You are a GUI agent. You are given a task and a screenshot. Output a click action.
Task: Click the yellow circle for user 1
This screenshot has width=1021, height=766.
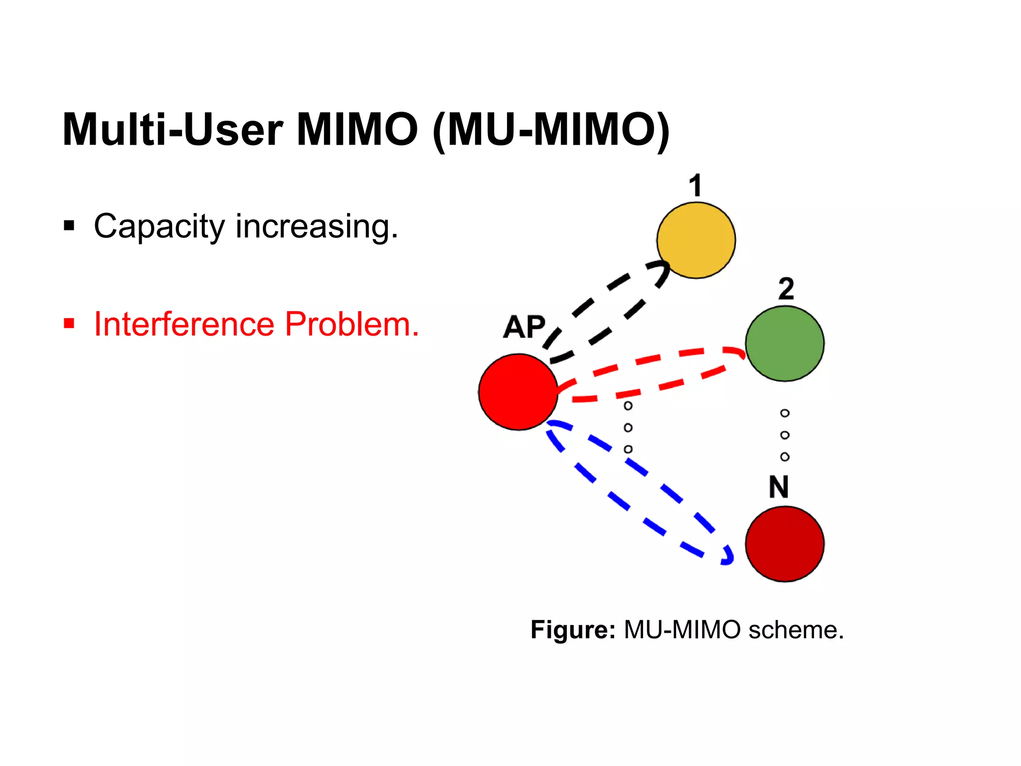(696, 240)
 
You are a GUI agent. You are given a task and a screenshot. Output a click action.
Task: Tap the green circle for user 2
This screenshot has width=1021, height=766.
(785, 344)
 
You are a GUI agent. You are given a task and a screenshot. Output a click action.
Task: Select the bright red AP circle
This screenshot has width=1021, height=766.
(518, 392)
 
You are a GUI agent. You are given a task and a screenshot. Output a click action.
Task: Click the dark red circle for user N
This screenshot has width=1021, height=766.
(785, 544)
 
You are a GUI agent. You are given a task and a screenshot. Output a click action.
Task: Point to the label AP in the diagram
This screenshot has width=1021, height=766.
(524, 328)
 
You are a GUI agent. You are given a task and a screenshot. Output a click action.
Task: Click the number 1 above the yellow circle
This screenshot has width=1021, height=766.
(695, 186)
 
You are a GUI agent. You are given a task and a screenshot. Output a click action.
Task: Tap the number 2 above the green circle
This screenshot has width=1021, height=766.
(786, 289)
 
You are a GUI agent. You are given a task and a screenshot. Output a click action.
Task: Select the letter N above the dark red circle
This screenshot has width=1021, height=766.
(779, 487)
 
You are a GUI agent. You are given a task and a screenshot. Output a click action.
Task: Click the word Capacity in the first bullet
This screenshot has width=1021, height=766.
(159, 227)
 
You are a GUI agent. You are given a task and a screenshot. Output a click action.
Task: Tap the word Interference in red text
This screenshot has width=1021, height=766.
(184, 324)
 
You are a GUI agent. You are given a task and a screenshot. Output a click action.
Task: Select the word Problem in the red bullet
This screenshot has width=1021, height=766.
(351, 324)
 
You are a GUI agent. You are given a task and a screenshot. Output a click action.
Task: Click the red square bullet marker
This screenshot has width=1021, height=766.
(69, 324)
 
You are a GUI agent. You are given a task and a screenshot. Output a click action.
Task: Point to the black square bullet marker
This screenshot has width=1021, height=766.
(69, 226)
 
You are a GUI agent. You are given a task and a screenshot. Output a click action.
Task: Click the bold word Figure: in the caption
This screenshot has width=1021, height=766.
(573, 629)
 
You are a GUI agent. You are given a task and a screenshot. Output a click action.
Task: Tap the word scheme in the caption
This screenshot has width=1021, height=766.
(796, 629)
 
